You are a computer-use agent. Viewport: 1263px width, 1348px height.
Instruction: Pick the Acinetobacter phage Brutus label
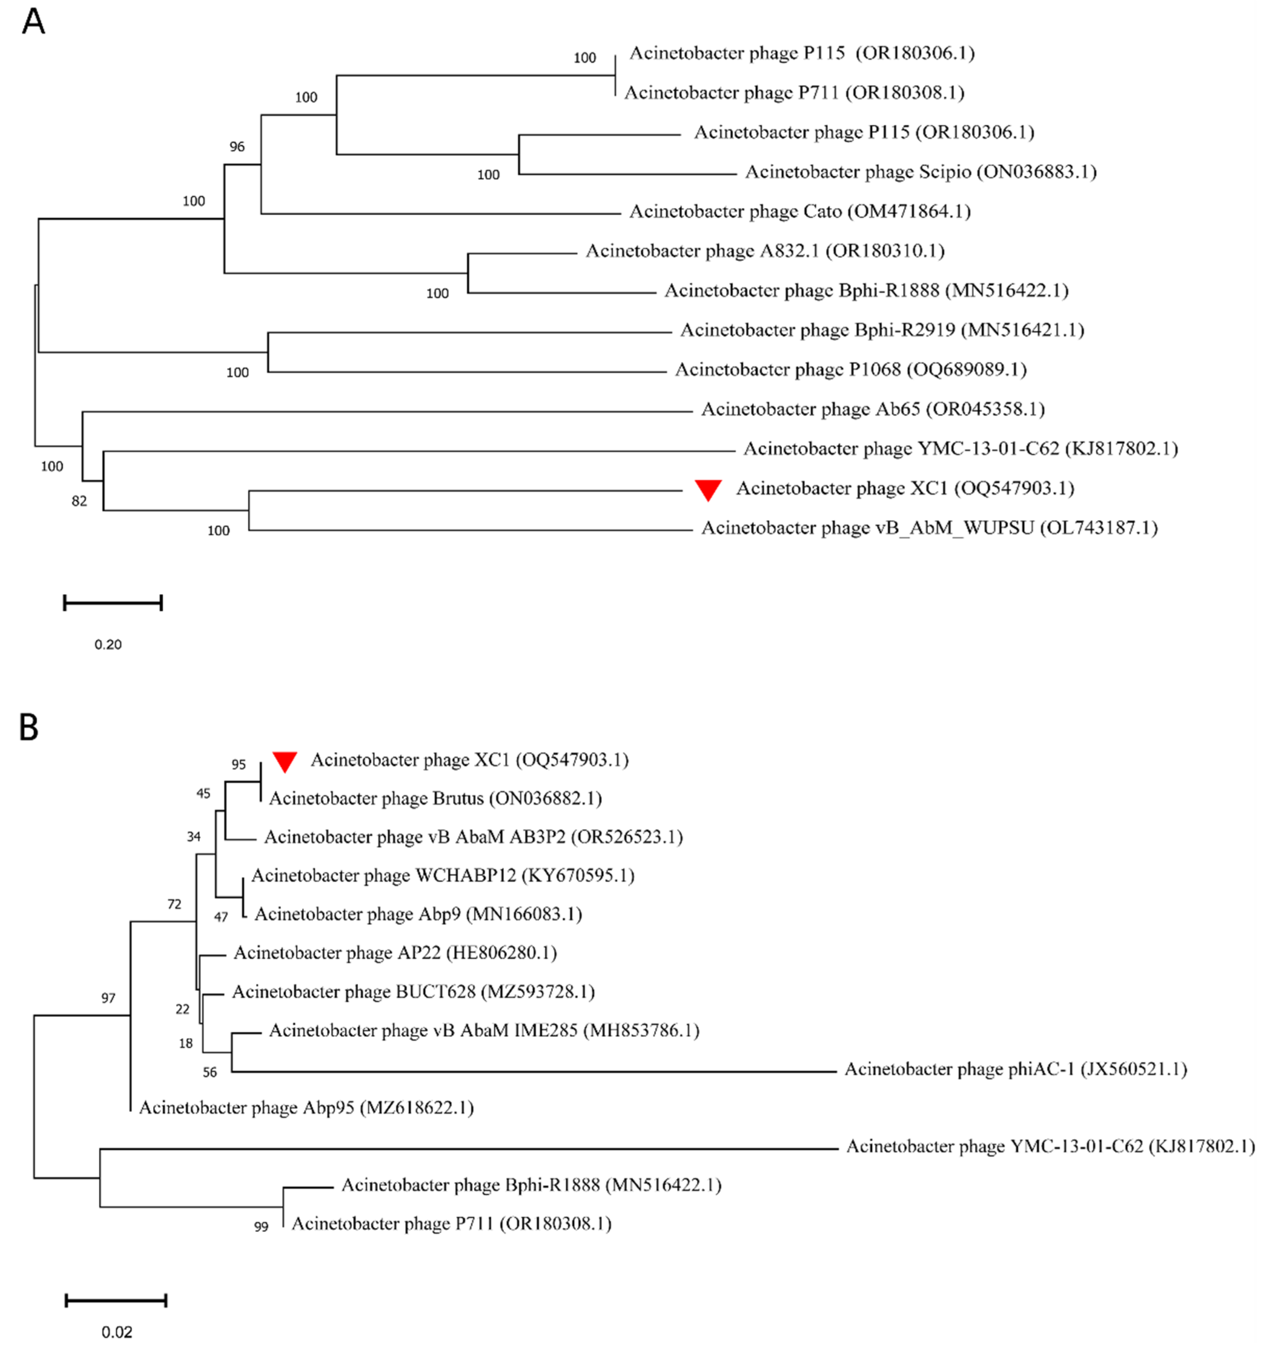pyautogui.click(x=435, y=799)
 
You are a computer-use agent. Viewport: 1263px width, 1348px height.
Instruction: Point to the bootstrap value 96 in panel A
pyautogui.click(x=237, y=147)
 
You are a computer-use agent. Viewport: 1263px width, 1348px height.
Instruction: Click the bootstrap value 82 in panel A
pyautogui.click(x=79, y=501)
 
